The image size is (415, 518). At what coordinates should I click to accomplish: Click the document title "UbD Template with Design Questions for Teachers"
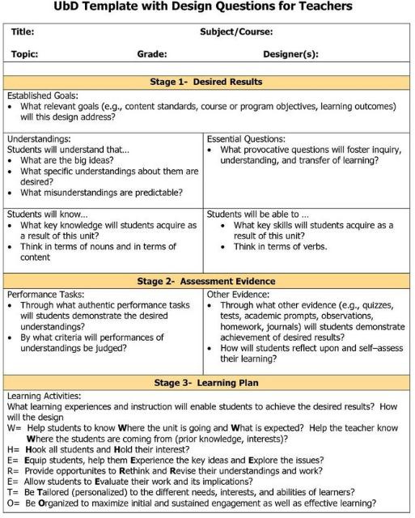click(x=207, y=7)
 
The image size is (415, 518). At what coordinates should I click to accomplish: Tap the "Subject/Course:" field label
click(x=236, y=32)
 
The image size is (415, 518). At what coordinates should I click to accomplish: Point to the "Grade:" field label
click(x=152, y=54)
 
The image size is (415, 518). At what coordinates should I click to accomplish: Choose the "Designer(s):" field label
click(x=290, y=54)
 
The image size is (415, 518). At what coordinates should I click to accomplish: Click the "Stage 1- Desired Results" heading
click(x=207, y=82)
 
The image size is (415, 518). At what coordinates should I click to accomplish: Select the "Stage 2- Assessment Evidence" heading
click(x=207, y=281)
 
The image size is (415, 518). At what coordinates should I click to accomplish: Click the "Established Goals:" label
click(x=42, y=96)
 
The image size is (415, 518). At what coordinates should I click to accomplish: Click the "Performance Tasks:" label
click(x=45, y=295)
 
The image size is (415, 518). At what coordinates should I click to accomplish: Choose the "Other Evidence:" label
click(x=239, y=295)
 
